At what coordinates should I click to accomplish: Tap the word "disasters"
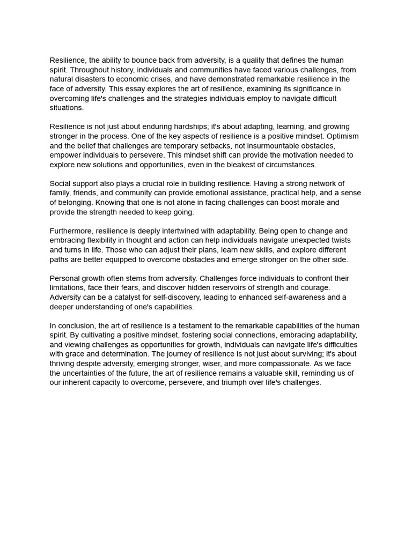point(92,79)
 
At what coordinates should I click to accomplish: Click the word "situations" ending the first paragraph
point(66,108)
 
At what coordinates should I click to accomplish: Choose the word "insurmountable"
point(279,146)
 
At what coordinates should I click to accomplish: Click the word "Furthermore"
point(71,231)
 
